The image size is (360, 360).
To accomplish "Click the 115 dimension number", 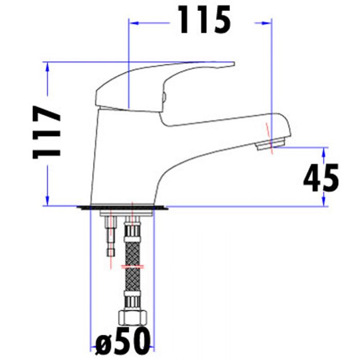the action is [x=204, y=20].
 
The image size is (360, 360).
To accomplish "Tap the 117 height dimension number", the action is [x=47, y=132].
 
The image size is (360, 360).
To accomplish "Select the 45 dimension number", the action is [x=321, y=178].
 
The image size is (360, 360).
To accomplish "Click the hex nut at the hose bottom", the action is [x=132, y=318].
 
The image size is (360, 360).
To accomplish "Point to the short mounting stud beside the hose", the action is [x=111, y=237].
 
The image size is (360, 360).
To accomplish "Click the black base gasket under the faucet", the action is [x=122, y=208].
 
